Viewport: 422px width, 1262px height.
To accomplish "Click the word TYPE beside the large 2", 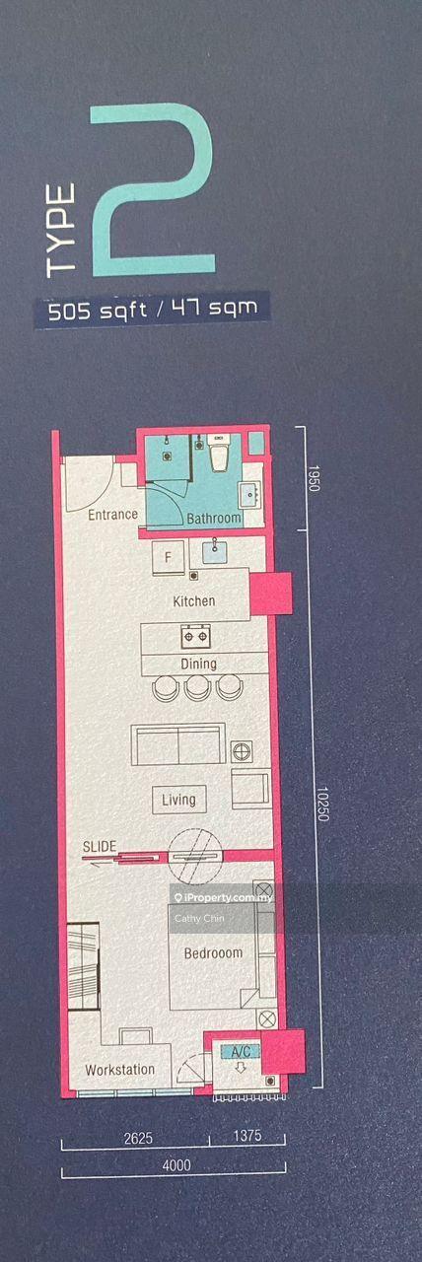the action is pos(61,231).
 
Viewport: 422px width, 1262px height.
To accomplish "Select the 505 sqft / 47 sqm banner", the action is pos(152,310).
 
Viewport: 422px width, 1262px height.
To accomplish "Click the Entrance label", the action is pos(112,515).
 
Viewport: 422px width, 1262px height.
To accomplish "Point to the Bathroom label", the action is pos(214,519).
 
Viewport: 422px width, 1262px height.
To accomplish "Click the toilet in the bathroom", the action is pos(219,452).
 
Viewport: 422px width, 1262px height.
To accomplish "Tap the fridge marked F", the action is pos(168,558).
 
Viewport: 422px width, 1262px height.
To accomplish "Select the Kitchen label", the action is pos(194,601).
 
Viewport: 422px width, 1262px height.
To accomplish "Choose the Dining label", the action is pos(198,664).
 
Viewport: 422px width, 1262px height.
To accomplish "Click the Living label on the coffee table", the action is pos(178,800).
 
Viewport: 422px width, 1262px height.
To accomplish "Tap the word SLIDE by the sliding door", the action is pos(100,846).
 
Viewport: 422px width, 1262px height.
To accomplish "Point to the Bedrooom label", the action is pos(214,952).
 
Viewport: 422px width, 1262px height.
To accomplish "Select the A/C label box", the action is pos(242,1051).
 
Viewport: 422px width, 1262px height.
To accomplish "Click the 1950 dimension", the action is pos(314,478).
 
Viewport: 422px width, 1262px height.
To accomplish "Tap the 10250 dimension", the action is pos(321,804).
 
